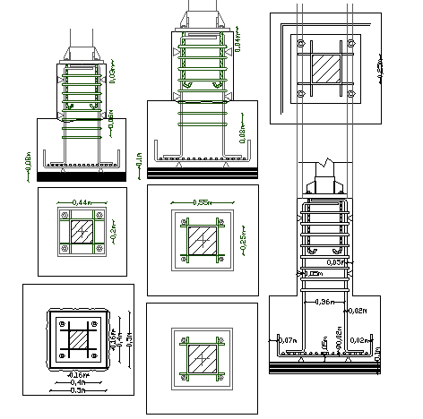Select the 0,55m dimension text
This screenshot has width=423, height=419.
tap(204, 203)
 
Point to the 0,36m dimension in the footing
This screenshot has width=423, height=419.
tap(324, 302)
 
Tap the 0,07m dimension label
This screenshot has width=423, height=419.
tap(288, 340)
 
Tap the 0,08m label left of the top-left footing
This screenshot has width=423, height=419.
tap(30, 162)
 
